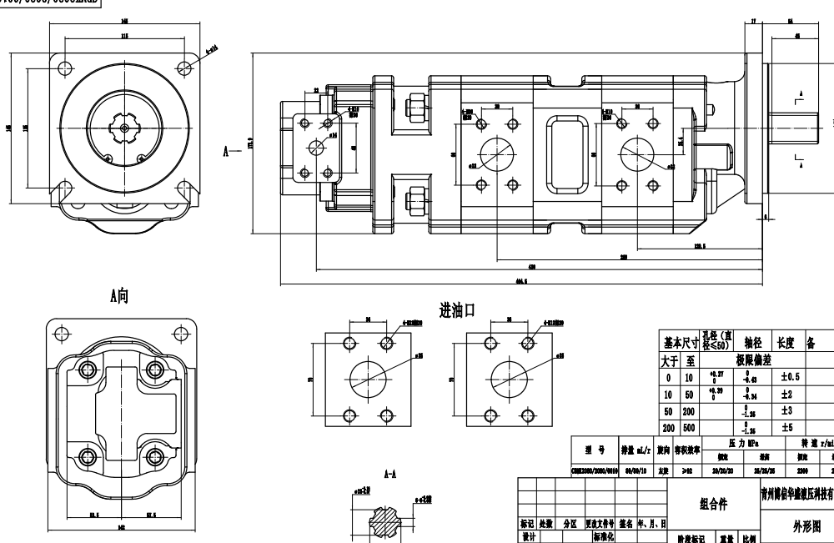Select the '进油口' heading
pyautogui.click(x=457, y=311)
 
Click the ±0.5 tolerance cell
pyautogui.click(x=790, y=377)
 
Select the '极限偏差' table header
pyautogui.click(x=752, y=359)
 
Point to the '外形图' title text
pyautogui.click(x=806, y=526)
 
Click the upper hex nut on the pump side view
pyautogui.click(x=414, y=108)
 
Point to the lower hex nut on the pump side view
pyautogui.click(x=414, y=201)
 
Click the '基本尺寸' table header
pyautogui.click(x=681, y=342)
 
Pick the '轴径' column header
pyautogui.click(x=752, y=342)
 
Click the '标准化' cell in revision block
pyautogui.click(x=603, y=538)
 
